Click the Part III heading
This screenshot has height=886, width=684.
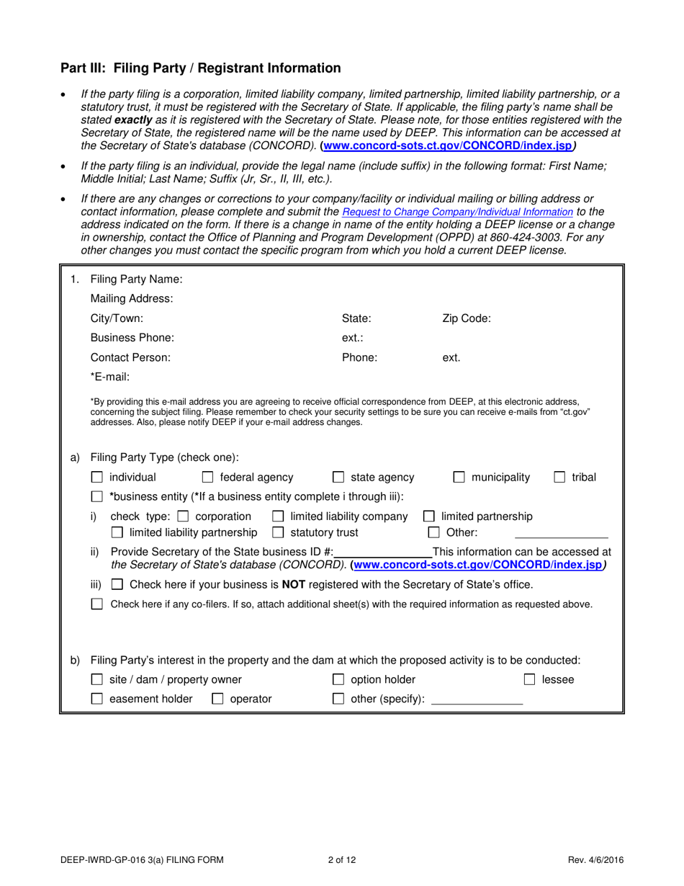200,68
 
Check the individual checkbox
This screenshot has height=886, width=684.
97,477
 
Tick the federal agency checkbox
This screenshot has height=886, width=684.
207,477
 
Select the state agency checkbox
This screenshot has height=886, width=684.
338,477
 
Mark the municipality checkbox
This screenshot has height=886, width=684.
459,477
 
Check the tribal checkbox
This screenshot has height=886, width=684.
559,477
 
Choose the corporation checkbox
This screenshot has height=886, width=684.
183,516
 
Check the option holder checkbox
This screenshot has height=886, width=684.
338,679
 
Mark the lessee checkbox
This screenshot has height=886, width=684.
529,679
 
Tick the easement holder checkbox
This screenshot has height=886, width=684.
97,699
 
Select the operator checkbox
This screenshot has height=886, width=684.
217,699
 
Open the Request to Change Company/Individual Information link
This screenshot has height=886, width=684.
457,212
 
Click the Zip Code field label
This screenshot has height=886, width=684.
466,318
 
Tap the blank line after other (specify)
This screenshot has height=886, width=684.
476,700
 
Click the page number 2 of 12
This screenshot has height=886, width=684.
342,859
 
